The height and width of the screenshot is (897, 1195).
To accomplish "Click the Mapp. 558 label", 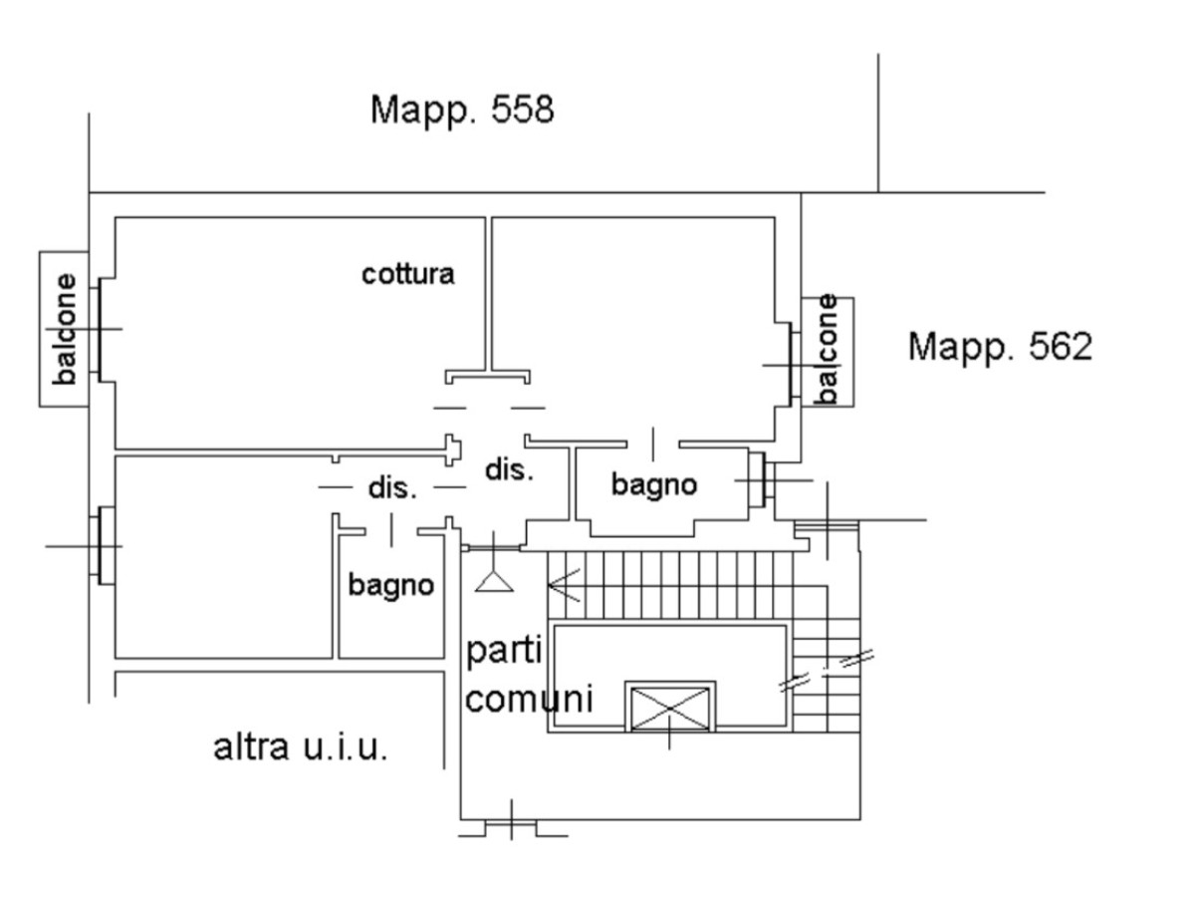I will (461, 110).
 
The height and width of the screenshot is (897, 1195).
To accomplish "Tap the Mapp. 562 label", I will (1000, 348).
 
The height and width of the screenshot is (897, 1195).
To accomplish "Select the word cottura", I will (407, 274).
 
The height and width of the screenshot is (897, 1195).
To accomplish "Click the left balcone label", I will (66, 329).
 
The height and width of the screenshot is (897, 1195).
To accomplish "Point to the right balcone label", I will (827, 350).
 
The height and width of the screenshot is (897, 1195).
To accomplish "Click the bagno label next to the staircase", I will (653, 485).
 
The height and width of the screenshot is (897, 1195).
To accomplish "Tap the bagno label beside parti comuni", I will (391, 585).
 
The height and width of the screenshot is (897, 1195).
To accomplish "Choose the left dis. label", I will (392, 488).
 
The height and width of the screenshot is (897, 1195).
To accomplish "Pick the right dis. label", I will (509, 469).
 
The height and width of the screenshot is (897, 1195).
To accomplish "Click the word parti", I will (505, 654).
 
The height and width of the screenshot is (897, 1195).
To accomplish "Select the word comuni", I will (529, 699).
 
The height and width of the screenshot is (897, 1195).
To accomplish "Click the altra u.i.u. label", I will (301, 747).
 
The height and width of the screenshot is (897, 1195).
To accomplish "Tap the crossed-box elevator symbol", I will (669, 708).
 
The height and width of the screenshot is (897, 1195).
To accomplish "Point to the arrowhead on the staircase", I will (562, 585).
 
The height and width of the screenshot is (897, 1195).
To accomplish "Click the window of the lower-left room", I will (104, 545).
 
